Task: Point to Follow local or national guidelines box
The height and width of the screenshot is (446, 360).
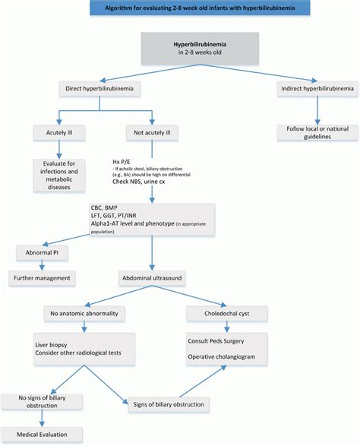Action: click(x=317, y=132)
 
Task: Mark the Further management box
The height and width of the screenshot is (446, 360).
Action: click(x=42, y=278)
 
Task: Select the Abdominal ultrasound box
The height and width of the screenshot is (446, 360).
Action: click(x=152, y=278)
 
